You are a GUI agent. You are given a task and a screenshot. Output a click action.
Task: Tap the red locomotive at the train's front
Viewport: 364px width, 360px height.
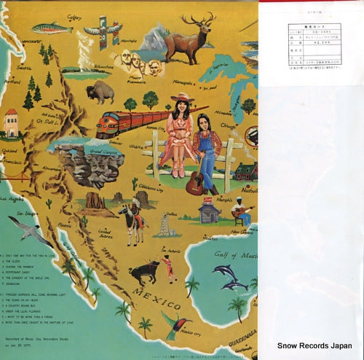[x=110, y=125]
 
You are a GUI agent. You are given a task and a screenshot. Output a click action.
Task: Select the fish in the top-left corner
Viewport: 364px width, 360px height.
[x=52, y=28]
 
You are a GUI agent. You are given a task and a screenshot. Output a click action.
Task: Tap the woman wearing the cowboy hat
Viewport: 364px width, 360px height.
[x=179, y=135]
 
